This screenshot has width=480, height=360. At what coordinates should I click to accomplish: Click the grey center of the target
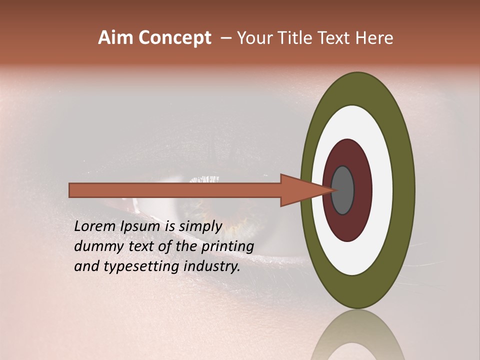click(x=343, y=190)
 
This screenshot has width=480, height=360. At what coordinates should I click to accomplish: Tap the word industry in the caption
click(x=212, y=266)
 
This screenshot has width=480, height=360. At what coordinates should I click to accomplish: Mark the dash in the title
click(x=226, y=38)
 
